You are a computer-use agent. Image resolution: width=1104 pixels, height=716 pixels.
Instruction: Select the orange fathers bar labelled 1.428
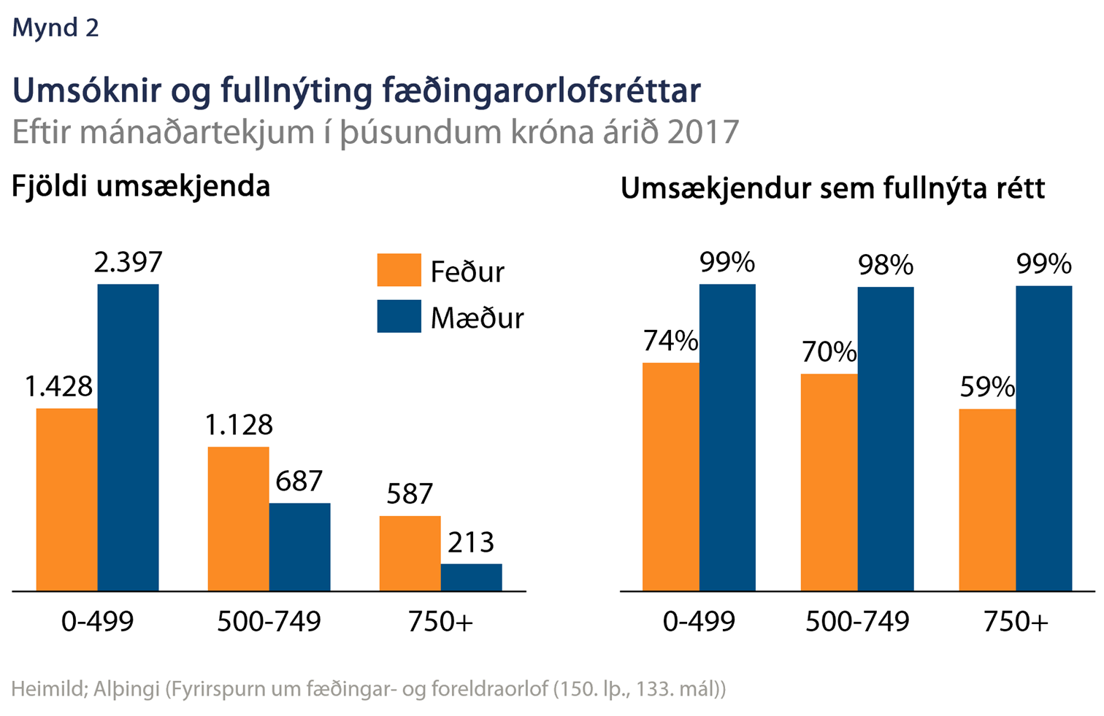[x=66, y=499]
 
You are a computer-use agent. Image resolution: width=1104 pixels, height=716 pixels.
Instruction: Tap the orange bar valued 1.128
[x=238, y=518]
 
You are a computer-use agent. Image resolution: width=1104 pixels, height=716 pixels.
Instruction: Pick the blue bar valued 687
[x=299, y=547]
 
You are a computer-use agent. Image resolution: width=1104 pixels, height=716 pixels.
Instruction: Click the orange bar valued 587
[x=410, y=553]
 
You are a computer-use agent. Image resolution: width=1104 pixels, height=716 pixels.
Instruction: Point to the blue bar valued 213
[x=471, y=577]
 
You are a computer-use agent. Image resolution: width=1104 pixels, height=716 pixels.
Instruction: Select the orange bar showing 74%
[x=670, y=477]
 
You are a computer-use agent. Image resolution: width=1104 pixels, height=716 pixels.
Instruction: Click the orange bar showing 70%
[x=829, y=482]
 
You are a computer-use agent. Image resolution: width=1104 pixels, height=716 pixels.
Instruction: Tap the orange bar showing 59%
[x=987, y=499]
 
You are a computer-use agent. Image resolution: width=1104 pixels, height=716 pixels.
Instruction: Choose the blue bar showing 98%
[x=885, y=439]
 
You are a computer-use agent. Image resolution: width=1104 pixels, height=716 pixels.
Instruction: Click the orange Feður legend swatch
[x=399, y=270]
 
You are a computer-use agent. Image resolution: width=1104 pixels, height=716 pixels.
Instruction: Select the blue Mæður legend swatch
[x=399, y=316]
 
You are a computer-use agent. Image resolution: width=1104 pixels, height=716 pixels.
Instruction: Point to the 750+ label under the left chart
[x=440, y=622]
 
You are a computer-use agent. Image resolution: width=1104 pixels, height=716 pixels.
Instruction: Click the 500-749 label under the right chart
[x=857, y=622]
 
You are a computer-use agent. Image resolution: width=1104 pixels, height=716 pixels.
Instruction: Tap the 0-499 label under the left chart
[x=98, y=622]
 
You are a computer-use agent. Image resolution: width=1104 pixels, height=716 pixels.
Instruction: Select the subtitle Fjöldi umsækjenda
[x=141, y=187]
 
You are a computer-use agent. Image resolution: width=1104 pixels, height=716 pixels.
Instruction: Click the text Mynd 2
[x=55, y=28]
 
